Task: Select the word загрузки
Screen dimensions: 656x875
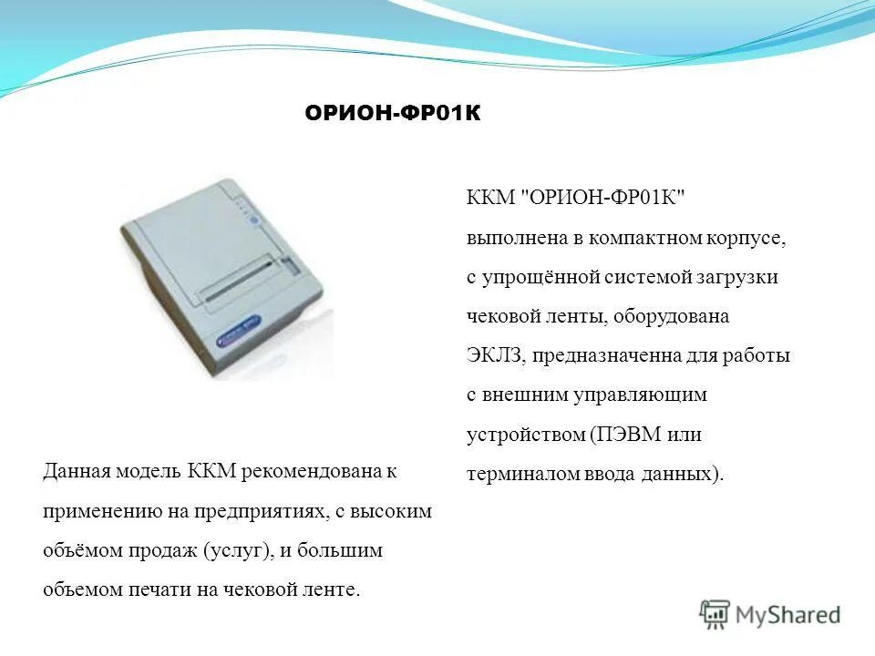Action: [742, 277]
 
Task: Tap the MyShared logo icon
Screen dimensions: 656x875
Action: [715, 615]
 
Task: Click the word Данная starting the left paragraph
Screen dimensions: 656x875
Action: [77, 472]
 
